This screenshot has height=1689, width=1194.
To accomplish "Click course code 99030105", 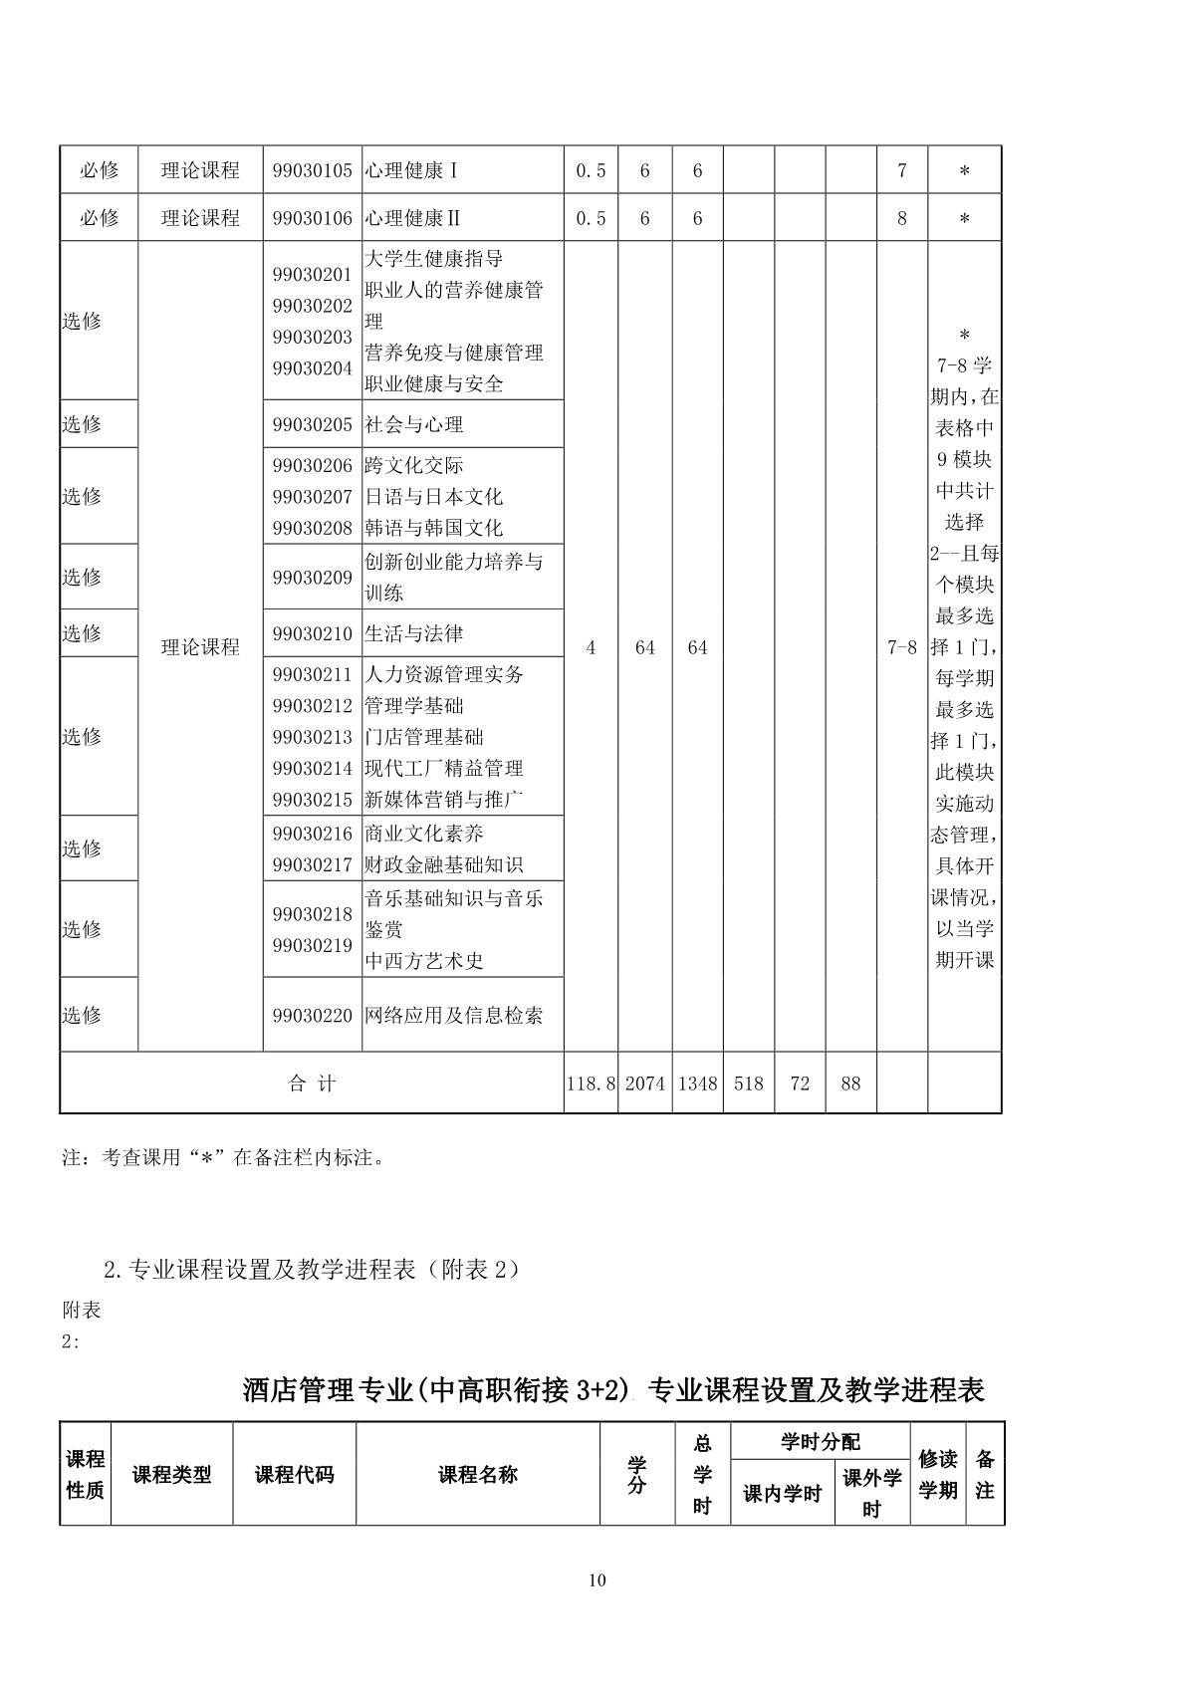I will pyautogui.click(x=313, y=170).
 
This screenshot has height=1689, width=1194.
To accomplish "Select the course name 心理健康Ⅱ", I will pyautogui.click(x=412, y=218).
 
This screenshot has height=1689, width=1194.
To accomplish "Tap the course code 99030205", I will pyautogui.click(x=313, y=424).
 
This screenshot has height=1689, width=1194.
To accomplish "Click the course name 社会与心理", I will pyautogui.click(x=414, y=424).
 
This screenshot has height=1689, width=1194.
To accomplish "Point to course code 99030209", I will pyautogui.click(x=313, y=577).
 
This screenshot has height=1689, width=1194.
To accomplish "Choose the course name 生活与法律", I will pyautogui.click(x=414, y=633).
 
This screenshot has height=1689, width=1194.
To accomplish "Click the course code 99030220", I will pyautogui.click(x=313, y=1015).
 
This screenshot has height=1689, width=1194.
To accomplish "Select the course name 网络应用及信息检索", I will pyautogui.click(x=454, y=1015).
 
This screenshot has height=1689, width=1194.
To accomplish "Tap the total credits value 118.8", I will pyautogui.click(x=591, y=1084).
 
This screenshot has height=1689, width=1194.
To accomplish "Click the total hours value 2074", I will pyautogui.click(x=644, y=1084).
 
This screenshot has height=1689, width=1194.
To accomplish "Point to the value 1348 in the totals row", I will pyautogui.click(x=697, y=1084).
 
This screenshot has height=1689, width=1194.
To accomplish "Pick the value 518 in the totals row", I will pyautogui.click(x=748, y=1084).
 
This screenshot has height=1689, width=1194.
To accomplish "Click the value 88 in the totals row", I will pyautogui.click(x=849, y=1084).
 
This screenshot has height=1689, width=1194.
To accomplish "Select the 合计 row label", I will pyautogui.click(x=312, y=1084).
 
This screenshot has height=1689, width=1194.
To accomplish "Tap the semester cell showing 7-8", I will pyautogui.click(x=901, y=647).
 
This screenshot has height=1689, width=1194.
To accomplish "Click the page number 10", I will pyautogui.click(x=597, y=1579).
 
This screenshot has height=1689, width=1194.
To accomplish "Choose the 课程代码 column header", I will pyautogui.click(x=294, y=1475).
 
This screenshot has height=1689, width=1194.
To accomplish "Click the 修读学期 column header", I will pyautogui.click(x=937, y=1475).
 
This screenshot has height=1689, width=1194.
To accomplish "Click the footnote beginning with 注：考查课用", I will pyautogui.click(x=224, y=1157).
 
